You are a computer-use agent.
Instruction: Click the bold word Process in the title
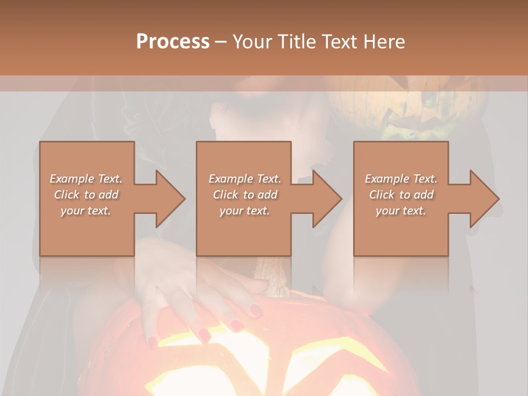coord(173,41)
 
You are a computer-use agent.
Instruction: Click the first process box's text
coord(86,195)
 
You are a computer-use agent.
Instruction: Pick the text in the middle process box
coord(245,195)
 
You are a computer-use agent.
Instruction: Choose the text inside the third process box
coord(401,195)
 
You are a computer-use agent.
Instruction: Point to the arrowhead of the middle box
coord(327,199)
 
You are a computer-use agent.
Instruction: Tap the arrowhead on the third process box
coord(484,199)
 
